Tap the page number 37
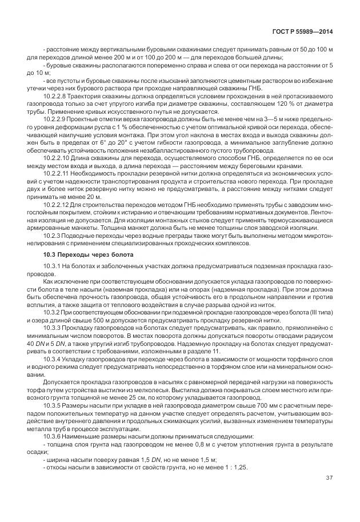pyautogui.click(x=330, y=477)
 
